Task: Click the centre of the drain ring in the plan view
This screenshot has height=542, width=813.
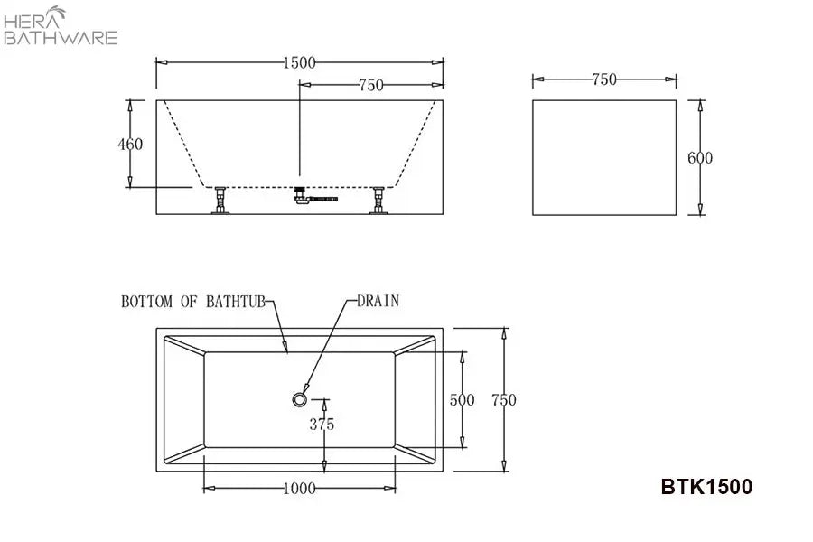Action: click(299, 399)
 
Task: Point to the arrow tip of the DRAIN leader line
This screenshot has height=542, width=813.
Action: click(304, 393)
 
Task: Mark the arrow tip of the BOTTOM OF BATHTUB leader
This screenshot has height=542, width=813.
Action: click(286, 353)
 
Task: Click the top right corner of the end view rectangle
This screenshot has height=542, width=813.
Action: click(677, 100)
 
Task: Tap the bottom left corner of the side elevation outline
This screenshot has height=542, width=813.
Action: click(156, 214)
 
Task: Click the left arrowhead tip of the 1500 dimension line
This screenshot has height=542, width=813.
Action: click(156, 62)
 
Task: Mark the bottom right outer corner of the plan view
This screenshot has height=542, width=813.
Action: click(444, 472)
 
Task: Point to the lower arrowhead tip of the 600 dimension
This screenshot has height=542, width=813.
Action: click(700, 215)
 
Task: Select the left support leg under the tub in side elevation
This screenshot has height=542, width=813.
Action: click(220, 201)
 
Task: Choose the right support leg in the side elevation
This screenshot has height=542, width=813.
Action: click(378, 201)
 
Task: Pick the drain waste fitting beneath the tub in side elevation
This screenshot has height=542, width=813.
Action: click(314, 197)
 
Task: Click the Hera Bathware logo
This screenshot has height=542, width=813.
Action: click(61, 26)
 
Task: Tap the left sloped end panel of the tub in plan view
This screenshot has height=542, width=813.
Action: click(184, 399)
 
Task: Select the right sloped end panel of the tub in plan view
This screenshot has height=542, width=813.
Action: click(415, 399)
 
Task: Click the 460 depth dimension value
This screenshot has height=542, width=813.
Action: click(130, 144)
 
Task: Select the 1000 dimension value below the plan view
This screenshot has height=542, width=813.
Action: click(299, 488)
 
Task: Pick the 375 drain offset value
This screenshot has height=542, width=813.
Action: click(322, 425)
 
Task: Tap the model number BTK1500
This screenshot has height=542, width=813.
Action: click(706, 487)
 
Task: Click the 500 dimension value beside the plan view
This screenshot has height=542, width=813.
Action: click(462, 400)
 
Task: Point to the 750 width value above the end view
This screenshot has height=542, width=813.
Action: click(604, 79)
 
